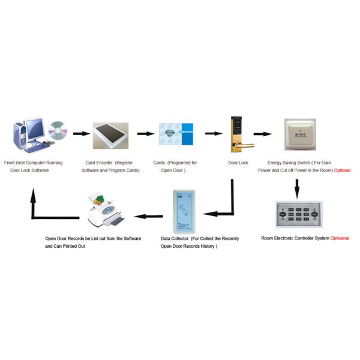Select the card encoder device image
tap(110, 136)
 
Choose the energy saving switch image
tap(300, 133)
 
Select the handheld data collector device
tap(184, 211)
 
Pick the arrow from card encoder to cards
tap(145, 133)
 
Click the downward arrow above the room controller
tap(296, 188)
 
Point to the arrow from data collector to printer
tap(148, 215)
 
